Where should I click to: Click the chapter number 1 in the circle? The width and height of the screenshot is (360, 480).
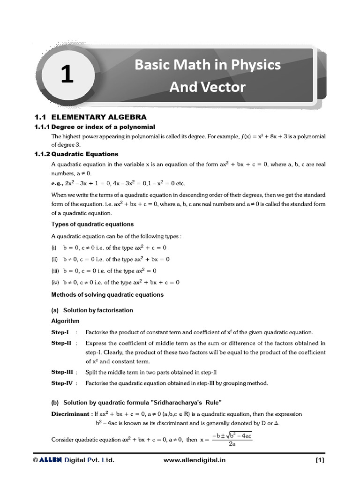(67, 75)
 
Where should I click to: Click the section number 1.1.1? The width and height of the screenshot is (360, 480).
(42, 127)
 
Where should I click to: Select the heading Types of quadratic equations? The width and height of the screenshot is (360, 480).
(92, 224)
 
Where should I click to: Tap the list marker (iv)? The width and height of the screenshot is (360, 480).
(54, 283)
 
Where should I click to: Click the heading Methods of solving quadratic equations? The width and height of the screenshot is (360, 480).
(107, 295)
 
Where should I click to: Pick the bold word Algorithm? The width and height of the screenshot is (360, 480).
(65, 321)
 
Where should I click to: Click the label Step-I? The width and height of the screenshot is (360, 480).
(60, 332)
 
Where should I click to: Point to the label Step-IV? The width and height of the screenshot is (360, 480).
(63, 383)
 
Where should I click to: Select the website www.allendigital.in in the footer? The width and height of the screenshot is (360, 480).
(195, 460)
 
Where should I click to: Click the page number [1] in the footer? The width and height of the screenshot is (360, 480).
(320, 460)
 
